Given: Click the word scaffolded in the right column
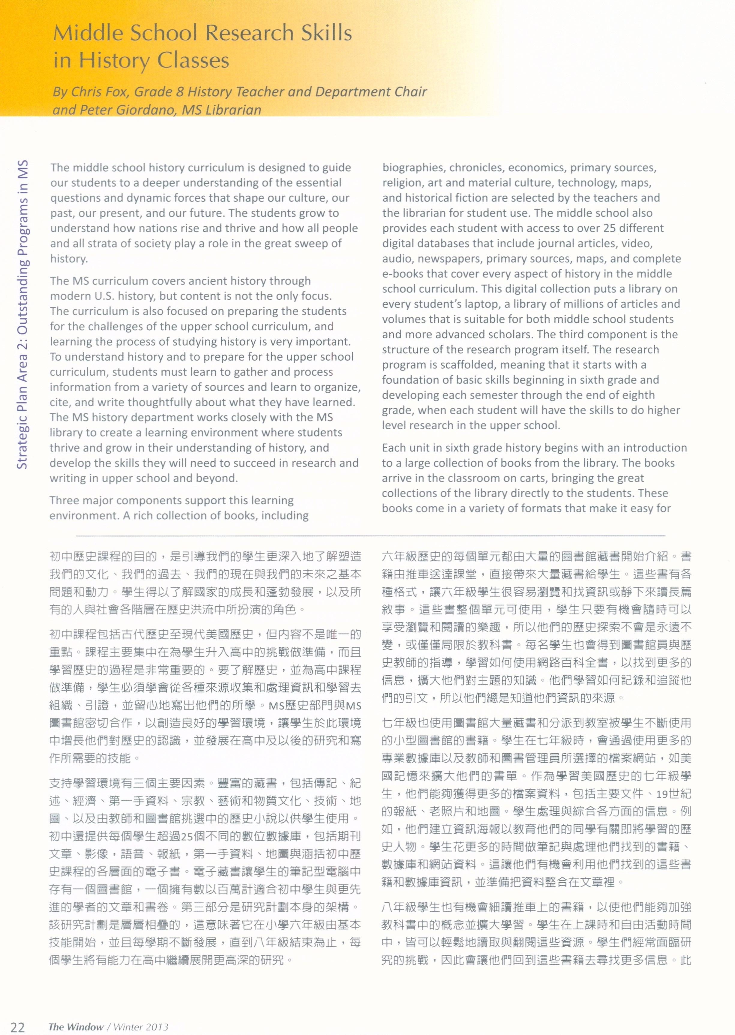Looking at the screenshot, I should point(458,365).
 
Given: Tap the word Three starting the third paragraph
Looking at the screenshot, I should point(65,500).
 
